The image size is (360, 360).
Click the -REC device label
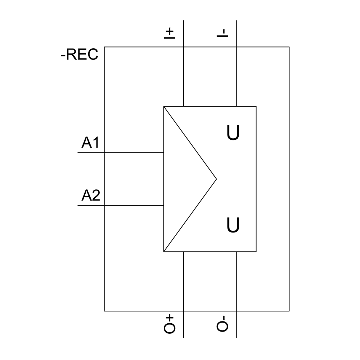pyautogui.click(x=80, y=55)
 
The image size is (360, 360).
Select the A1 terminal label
pyautogui.click(x=90, y=143)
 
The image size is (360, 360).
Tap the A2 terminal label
pyautogui.click(x=91, y=196)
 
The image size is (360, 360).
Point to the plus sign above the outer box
pyautogui.click(x=169, y=33)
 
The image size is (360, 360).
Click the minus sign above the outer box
pyautogui.click(x=222, y=33)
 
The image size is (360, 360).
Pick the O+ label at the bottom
pyautogui.click(x=169, y=324)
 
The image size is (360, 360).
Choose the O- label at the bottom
pyautogui.click(x=222, y=324)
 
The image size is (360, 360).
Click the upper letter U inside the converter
pyautogui.click(x=233, y=133)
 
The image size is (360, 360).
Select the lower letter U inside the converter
pyautogui.click(x=233, y=225)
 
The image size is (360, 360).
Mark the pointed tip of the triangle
pyautogui.click(x=216, y=179)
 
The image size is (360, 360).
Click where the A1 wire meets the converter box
pyautogui.click(x=164, y=153)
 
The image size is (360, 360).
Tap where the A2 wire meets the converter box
pyautogui.click(x=164, y=206)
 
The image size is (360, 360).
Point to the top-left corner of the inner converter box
pyautogui.click(x=164, y=107)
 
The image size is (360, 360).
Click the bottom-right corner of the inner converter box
pyautogui.click(x=256, y=252)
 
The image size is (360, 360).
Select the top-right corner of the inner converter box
pyautogui.click(x=256, y=107)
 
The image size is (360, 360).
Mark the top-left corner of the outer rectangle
pyautogui.click(x=104, y=47)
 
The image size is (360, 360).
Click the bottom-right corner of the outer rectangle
pyautogui.click(x=289, y=311)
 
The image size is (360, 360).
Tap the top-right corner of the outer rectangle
pyautogui.click(x=289, y=47)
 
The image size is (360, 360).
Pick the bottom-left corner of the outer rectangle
pyautogui.click(x=104, y=311)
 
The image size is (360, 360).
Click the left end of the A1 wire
pyautogui.click(x=78, y=153)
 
